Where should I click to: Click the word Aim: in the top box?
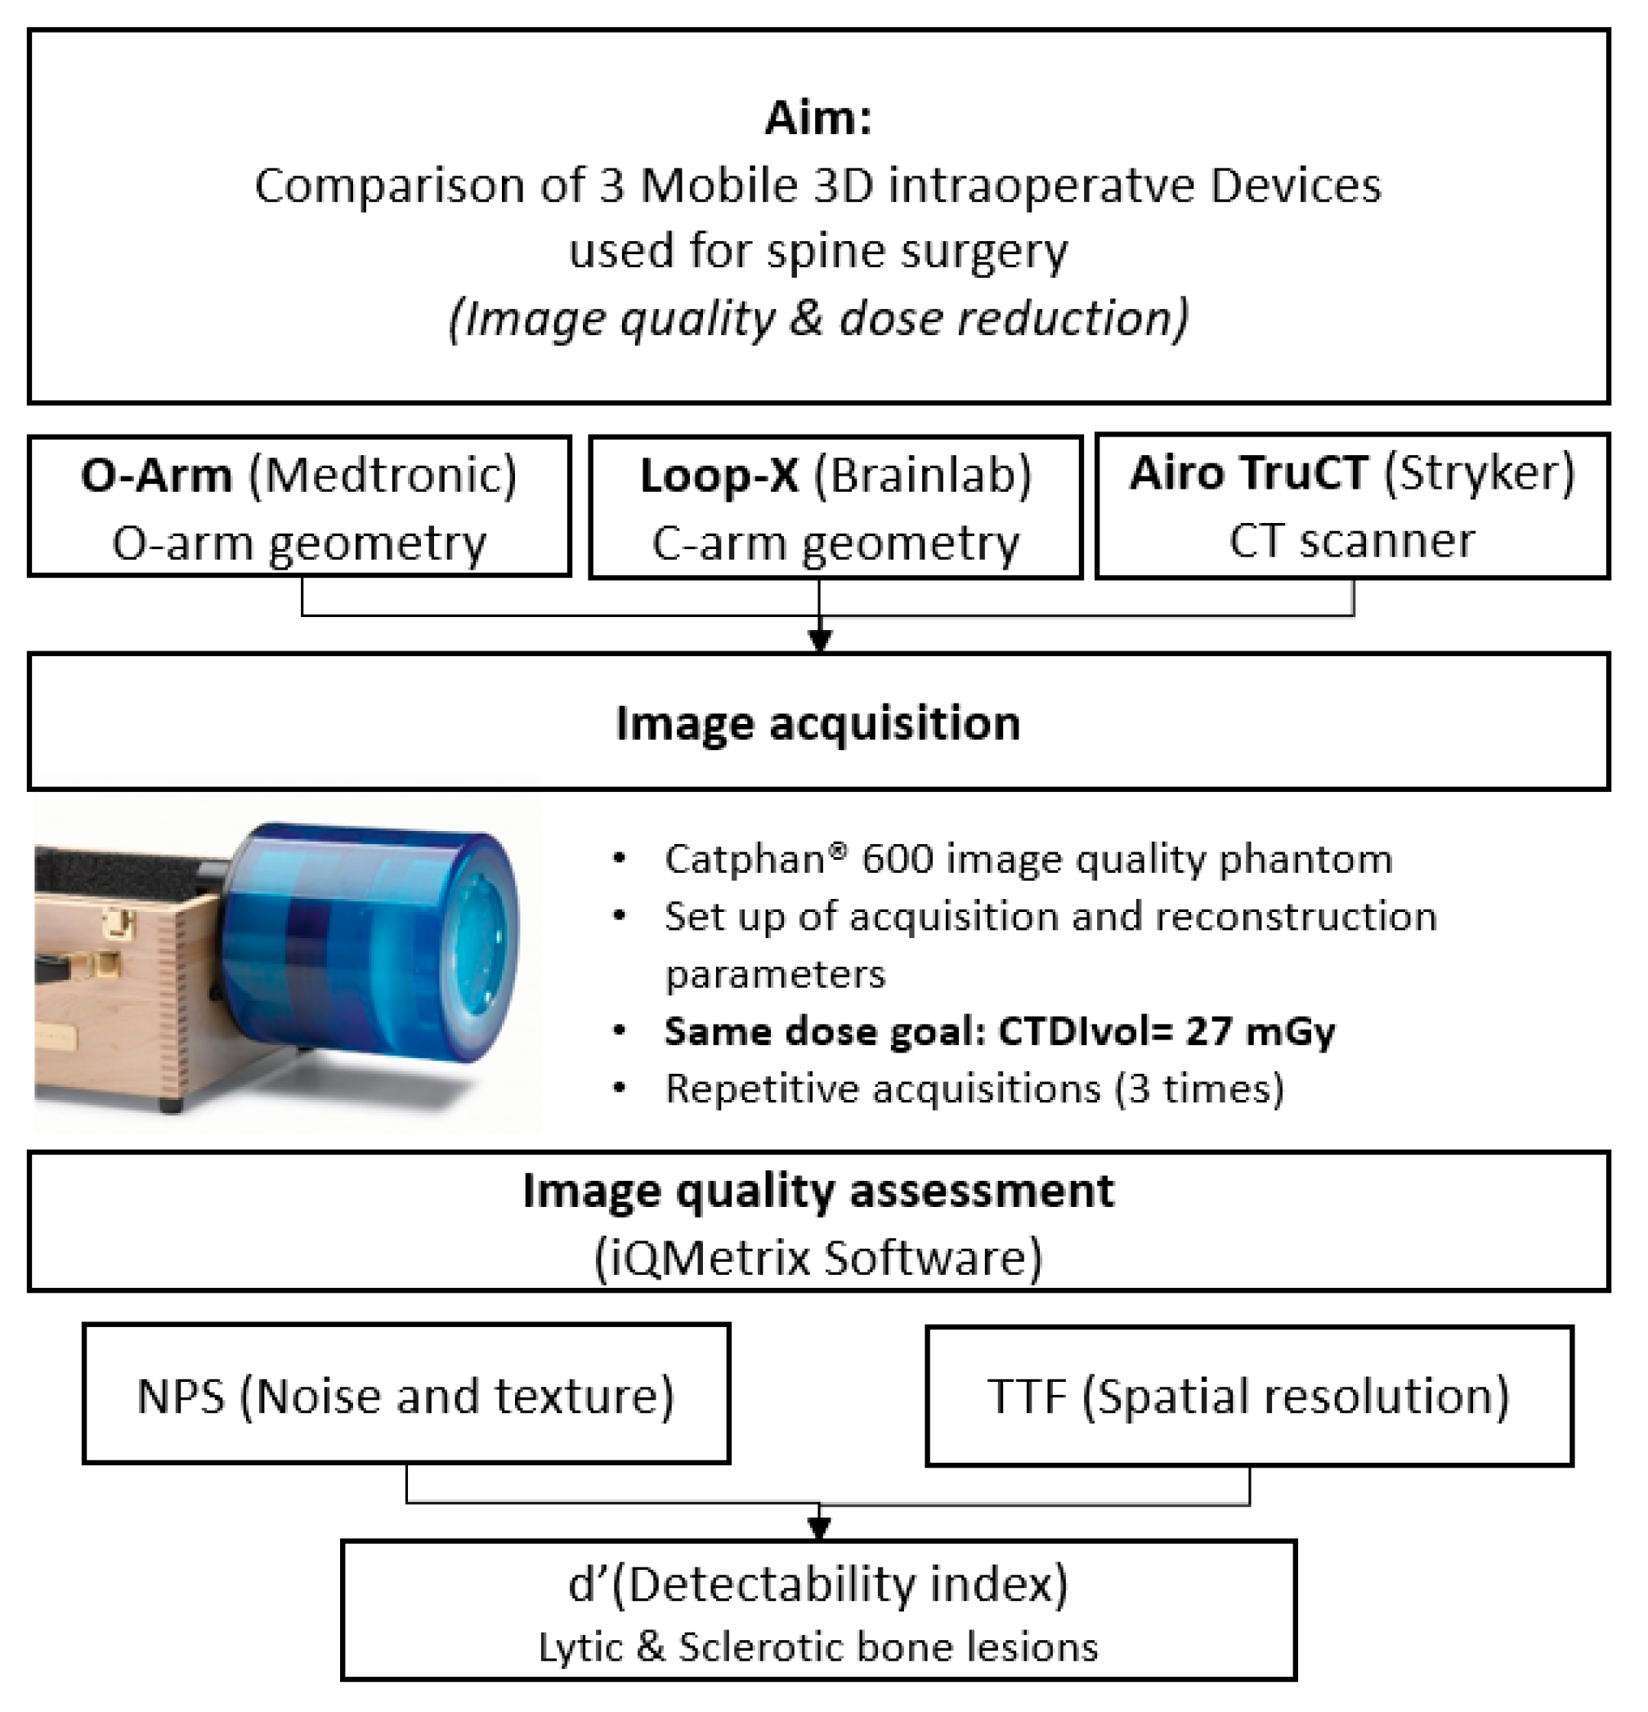pos(818,118)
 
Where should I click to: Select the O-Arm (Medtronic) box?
pos(300,507)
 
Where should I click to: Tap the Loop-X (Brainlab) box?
pos(835,507)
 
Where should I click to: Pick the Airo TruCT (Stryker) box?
pos(1352,506)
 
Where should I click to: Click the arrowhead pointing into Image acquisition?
pos(819,640)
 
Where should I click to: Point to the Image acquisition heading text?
pos(818,723)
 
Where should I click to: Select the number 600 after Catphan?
pos(895,860)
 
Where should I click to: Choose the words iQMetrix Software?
pos(818,1258)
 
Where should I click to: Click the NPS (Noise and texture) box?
pos(406,1395)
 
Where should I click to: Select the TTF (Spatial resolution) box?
pos(1248,1396)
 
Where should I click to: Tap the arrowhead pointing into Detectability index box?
pos(819,1526)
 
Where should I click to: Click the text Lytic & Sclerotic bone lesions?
pos(818,1647)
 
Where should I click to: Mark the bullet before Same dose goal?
pos(620,1030)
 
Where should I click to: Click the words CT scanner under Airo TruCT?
pos(1352,541)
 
